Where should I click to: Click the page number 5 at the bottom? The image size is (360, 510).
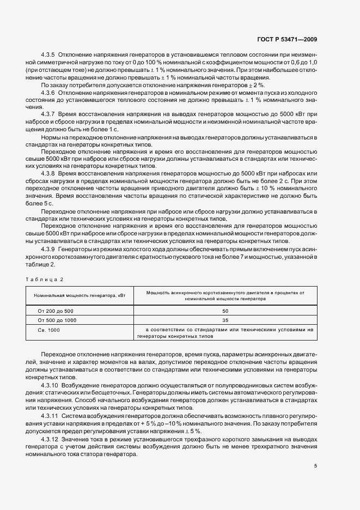point(315,466)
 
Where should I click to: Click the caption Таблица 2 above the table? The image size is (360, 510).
point(44,279)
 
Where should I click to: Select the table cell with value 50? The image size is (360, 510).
point(225,310)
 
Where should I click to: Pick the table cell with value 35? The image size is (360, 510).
point(225,320)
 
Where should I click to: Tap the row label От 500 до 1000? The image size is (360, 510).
point(56,320)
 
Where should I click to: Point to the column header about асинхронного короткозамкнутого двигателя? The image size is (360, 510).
point(225,295)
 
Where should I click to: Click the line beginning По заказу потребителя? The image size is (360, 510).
point(152,86)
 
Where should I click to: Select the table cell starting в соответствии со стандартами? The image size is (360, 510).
point(225,333)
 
